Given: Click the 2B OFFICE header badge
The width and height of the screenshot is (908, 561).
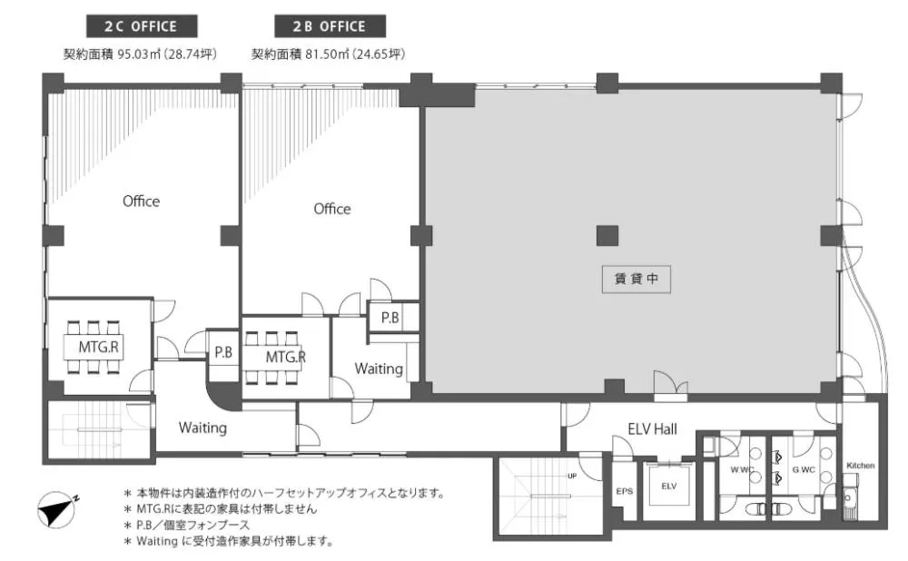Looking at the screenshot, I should pyautogui.click(x=329, y=25).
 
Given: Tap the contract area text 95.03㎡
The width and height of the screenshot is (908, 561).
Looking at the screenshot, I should pyautogui.click(x=140, y=54).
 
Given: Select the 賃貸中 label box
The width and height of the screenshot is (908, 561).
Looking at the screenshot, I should pyautogui.click(x=636, y=280).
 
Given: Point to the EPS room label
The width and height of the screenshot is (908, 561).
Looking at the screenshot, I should pyautogui.click(x=624, y=491).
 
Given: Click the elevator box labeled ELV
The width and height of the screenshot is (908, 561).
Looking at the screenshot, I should pyautogui.click(x=669, y=487).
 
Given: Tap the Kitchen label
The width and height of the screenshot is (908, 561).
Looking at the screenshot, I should pyautogui.click(x=860, y=466).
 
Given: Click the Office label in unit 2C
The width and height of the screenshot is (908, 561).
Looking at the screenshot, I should pyautogui.click(x=141, y=202).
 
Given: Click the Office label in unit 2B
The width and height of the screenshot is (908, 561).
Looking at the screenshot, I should pyautogui.click(x=331, y=209).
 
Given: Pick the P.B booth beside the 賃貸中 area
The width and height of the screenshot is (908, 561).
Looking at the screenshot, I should pyautogui.click(x=390, y=318).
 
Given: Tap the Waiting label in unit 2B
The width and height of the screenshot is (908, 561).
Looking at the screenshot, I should pyautogui.click(x=379, y=369).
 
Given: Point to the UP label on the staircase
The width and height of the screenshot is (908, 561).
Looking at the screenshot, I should pyautogui.click(x=572, y=476).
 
